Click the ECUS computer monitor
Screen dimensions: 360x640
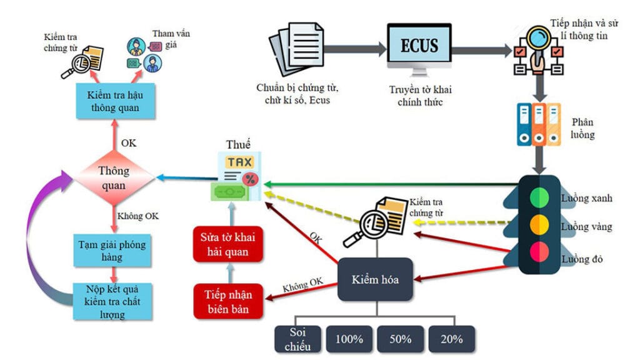pyautogui.click(x=419, y=47)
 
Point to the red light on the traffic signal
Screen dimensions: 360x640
pyautogui.click(x=539, y=252)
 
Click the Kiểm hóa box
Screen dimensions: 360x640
pyautogui.click(x=375, y=279)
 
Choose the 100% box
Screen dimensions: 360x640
pyautogui.click(x=349, y=339)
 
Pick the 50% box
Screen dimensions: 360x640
pyautogui.click(x=400, y=339)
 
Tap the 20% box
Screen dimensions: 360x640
pyautogui.click(x=451, y=339)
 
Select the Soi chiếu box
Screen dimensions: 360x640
pyautogui.click(x=297, y=339)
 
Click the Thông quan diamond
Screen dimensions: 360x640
pyautogui.click(x=114, y=178)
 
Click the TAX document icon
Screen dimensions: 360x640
pyautogui.click(x=236, y=176)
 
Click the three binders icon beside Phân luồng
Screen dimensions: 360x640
pyautogui.click(x=538, y=124)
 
